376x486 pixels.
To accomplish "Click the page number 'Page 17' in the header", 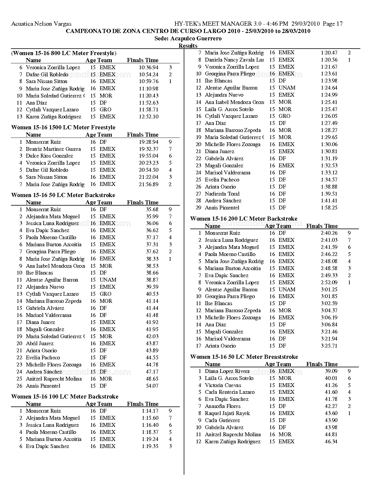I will (x=333, y=24).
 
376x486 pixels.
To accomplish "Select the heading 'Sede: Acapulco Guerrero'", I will (x=188, y=39).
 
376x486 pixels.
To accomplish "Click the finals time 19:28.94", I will (x=148, y=142).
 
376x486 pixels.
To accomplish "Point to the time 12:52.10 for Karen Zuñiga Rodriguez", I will (x=148, y=117).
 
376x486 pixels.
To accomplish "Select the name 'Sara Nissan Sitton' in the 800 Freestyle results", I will (x=47, y=81).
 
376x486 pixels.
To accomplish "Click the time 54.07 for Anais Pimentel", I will (x=152, y=386).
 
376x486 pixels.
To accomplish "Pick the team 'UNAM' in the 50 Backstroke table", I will (x=108, y=280).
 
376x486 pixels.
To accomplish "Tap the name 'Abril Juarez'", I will (x=40, y=343).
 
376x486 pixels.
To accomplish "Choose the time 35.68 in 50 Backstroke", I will (x=152, y=209).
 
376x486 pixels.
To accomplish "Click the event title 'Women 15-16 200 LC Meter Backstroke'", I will (x=244, y=219).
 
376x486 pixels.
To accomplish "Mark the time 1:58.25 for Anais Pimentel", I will (x=329, y=208).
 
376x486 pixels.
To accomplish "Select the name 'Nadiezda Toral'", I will (x=222, y=194).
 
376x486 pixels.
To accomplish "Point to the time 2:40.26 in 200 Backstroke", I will (x=329, y=233).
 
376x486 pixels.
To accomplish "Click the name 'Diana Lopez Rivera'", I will (x=227, y=371).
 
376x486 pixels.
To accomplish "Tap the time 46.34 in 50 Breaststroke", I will (x=331, y=442).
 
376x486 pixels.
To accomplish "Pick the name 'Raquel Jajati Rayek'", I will (x=227, y=413).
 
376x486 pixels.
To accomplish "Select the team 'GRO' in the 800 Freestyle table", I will (x=105, y=110).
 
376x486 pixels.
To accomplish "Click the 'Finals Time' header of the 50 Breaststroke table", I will (x=322, y=364).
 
